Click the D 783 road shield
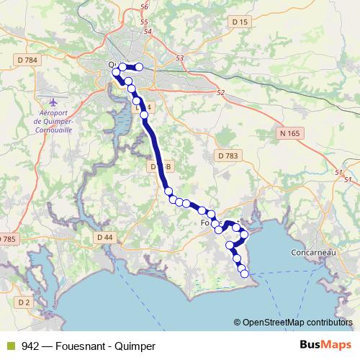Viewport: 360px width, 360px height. [226, 155]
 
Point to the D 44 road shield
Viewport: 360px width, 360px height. [104, 237]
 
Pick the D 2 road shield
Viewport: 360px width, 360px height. [24, 301]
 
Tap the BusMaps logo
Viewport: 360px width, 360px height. [325, 345]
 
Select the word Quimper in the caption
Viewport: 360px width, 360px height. [138, 346]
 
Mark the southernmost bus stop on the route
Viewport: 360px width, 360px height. [243, 273]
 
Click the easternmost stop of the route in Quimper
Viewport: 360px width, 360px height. [139, 68]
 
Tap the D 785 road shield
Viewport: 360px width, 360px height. [7, 238]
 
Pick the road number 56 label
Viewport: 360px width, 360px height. [144, 6]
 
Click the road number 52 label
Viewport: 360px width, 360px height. [220, 92]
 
